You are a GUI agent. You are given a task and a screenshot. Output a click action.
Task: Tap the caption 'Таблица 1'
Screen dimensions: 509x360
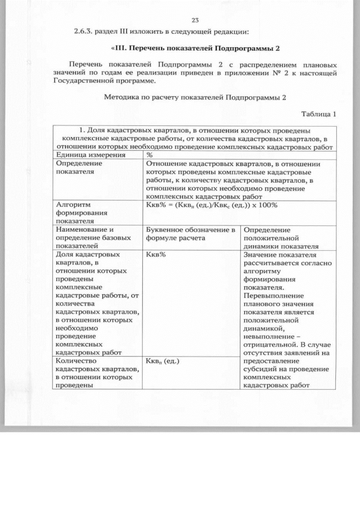click(318, 114)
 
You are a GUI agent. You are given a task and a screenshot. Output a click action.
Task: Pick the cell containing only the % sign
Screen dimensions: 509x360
click(150, 155)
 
